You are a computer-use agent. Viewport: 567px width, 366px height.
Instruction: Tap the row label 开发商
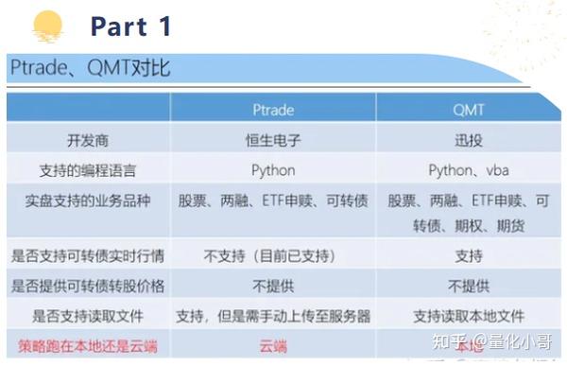[88, 141]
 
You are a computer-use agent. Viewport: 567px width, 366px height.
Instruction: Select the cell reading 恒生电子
[273, 141]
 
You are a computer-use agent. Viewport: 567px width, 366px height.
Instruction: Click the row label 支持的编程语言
[88, 171]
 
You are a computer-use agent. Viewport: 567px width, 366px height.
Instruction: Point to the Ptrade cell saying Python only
[273, 171]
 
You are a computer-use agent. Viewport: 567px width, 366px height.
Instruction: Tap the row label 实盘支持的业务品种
[88, 201]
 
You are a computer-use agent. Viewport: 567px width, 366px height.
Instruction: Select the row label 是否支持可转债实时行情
[88, 255]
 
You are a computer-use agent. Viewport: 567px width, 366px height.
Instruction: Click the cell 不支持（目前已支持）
[273, 255]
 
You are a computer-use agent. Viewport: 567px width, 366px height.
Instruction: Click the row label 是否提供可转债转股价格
[88, 286]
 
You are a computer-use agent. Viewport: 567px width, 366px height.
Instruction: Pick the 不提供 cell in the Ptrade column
[273, 286]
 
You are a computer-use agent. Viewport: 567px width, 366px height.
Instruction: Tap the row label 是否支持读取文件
[88, 316]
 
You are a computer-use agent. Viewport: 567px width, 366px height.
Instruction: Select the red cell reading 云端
[273, 346]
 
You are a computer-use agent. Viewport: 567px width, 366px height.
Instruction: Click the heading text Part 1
[131, 26]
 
